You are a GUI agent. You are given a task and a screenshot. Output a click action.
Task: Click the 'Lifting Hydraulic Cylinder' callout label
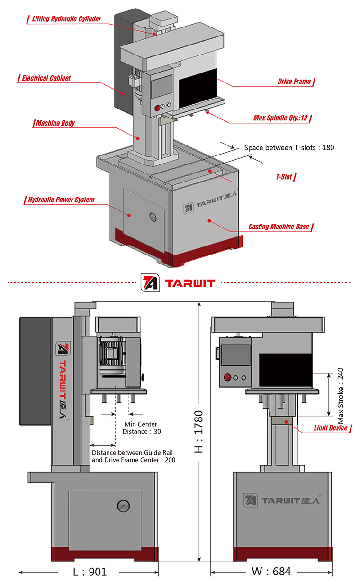[x=66, y=19]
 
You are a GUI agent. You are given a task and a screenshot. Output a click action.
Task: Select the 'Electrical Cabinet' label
[x=46, y=78]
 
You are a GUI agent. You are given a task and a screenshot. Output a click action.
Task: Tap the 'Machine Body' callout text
[x=55, y=124]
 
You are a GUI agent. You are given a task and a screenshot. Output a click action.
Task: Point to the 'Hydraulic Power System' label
[x=61, y=200]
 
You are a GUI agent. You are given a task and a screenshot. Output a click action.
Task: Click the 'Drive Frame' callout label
[x=294, y=82]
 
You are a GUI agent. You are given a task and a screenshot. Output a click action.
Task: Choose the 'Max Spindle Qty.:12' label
[x=282, y=117]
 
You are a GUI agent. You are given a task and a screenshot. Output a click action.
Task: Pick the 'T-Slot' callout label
[x=284, y=177]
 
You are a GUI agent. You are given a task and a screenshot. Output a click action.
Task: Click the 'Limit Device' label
[x=331, y=428]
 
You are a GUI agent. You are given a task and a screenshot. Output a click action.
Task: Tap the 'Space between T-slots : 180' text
[x=289, y=147]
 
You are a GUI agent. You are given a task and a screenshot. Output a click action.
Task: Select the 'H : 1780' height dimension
[x=198, y=431]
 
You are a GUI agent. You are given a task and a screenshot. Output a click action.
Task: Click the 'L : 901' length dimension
[x=90, y=572]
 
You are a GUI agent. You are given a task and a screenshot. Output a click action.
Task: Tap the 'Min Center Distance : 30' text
[x=141, y=427]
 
